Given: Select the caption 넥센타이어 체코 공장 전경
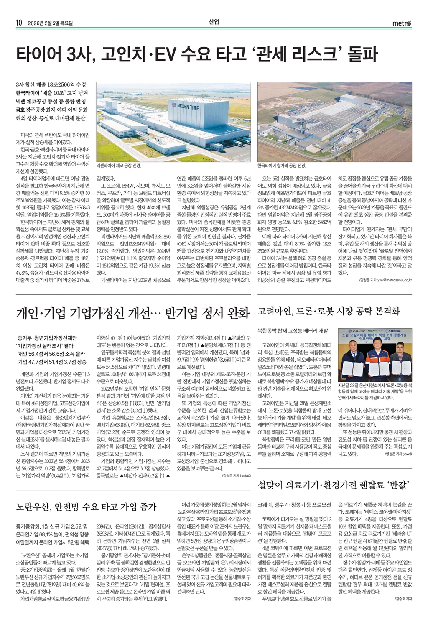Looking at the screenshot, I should [119, 166].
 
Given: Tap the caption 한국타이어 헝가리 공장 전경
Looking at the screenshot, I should [282, 166].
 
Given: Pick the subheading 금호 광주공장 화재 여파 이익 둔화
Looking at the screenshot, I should [51, 110].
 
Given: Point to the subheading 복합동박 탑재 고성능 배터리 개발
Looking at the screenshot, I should [293, 331].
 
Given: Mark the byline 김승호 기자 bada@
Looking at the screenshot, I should [237, 475].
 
